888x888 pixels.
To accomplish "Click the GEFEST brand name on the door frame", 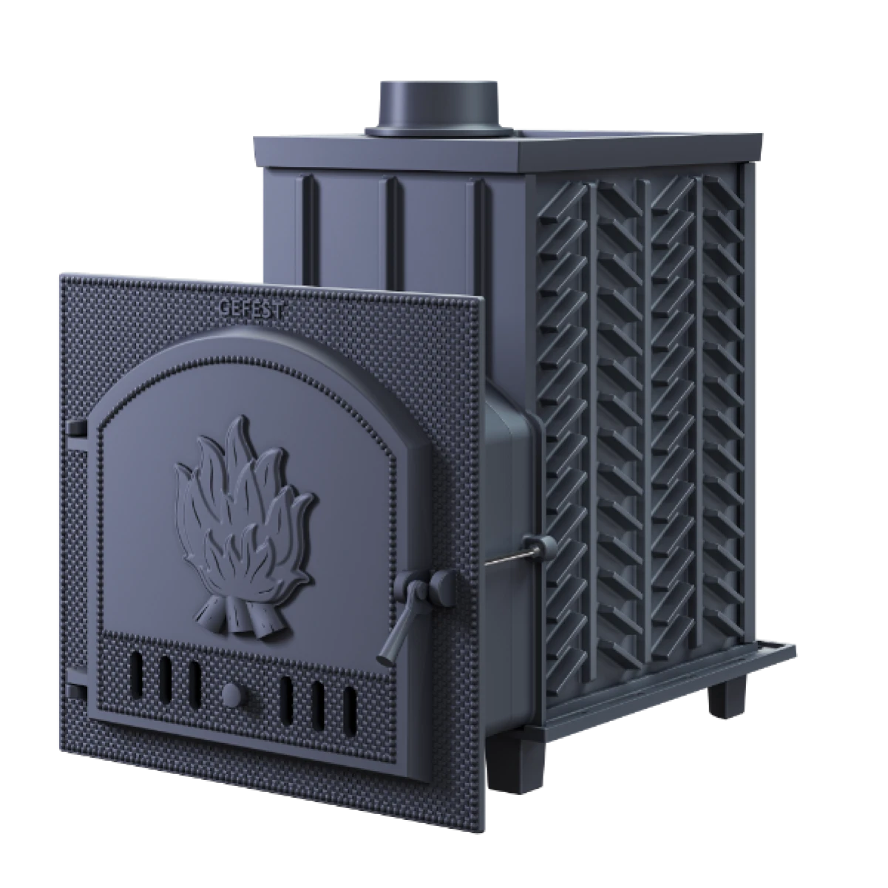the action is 251,308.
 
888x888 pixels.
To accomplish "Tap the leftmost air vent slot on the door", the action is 136,675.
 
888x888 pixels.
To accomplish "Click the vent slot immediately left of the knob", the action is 194,685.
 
